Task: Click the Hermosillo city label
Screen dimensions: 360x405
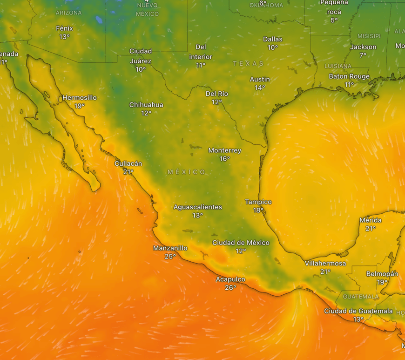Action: tap(80, 98)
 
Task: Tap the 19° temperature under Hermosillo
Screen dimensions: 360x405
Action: tap(80, 106)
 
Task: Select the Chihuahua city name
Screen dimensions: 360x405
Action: tap(146, 105)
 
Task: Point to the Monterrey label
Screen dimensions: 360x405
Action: tap(224, 150)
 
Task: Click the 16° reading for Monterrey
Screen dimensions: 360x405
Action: tap(225, 159)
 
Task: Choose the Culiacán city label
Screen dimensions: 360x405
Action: tap(128, 163)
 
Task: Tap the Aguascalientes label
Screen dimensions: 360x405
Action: tap(198, 207)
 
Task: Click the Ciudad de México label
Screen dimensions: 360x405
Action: tap(241, 243)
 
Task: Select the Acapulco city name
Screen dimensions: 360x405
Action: tap(230, 279)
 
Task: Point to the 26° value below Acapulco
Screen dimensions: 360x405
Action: tap(230, 287)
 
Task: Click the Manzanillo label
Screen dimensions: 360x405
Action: tap(170, 248)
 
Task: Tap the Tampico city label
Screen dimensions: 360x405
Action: tap(258, 202)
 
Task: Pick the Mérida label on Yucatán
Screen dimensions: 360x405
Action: tap(371, 220)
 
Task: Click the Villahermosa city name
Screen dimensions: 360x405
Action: tap(325, 264)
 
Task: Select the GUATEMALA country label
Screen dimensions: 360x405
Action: tap(361, 297)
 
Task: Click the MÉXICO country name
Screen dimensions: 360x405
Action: tap(187, 172)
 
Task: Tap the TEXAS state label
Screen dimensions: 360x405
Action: tap(248, 63)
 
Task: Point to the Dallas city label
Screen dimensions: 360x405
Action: tap(273, 39)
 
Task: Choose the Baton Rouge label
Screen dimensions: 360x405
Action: tap(349, 76)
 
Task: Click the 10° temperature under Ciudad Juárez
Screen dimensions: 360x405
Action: tap(141, 69)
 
